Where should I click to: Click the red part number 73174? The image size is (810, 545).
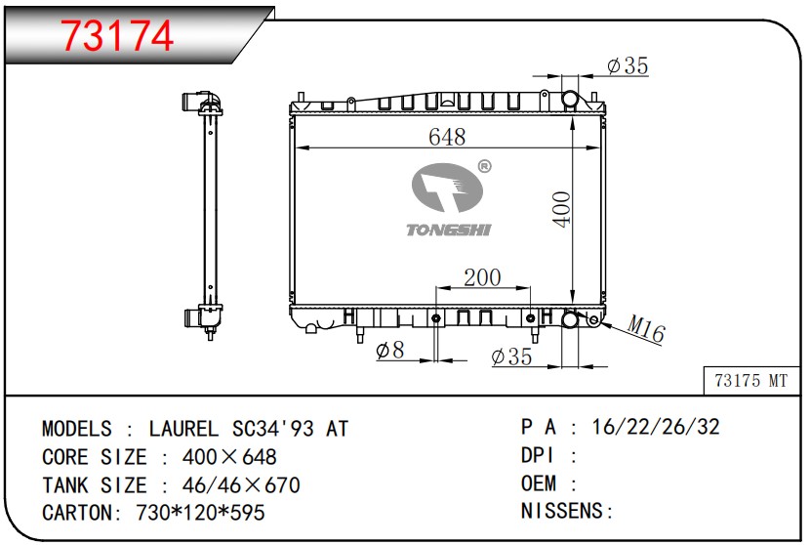tap(117, 36)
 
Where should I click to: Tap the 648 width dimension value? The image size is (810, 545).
tap(447, 137)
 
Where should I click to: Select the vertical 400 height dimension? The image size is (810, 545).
tap(561, 209)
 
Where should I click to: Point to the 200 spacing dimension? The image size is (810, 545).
tap(482, 277)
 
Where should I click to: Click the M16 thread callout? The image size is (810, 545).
tap(646, 328)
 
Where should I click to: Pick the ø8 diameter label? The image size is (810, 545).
tap(390, 350)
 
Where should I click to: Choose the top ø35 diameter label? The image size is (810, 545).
tap(628, 65)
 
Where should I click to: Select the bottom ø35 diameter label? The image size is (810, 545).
tap(511, 356)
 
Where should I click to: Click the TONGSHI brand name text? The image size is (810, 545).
tap(448, 230)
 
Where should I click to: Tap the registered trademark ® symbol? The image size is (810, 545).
tap(484, 166)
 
